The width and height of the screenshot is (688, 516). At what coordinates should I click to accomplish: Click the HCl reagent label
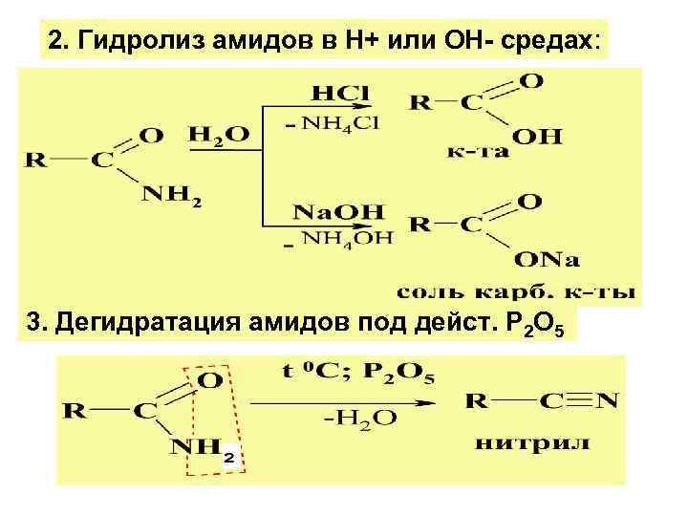pos(339,94)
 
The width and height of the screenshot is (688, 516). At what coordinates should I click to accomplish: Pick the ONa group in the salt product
pos(549,260)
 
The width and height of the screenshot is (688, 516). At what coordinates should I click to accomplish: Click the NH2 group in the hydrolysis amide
pos(172,195)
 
